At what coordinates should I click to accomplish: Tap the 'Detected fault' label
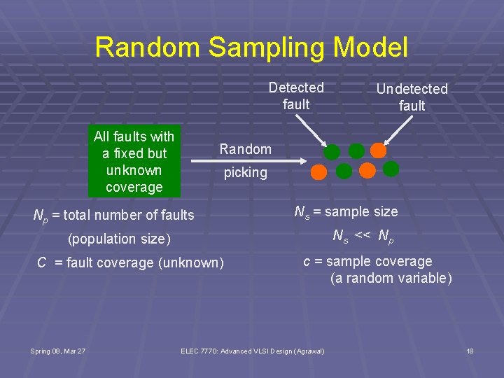point(296,97)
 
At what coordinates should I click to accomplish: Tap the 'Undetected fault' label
point(412,97)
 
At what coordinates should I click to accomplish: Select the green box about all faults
point(134,161)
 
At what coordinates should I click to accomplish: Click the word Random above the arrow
point(245,148)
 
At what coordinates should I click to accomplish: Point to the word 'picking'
point(245,172)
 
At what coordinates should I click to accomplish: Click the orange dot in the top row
point(378,150)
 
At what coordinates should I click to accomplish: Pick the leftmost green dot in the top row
point(332,152)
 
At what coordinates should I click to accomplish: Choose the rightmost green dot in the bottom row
point(391,168)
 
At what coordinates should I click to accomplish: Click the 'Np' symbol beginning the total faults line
point(41,216)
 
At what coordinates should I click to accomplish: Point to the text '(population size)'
point(119,239)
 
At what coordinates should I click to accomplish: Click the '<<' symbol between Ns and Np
point(363,236)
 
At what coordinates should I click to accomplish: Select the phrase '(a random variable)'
point(391,279)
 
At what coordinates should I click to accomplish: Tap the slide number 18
point(470,350)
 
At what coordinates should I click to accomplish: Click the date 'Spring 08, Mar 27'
point(57,350)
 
